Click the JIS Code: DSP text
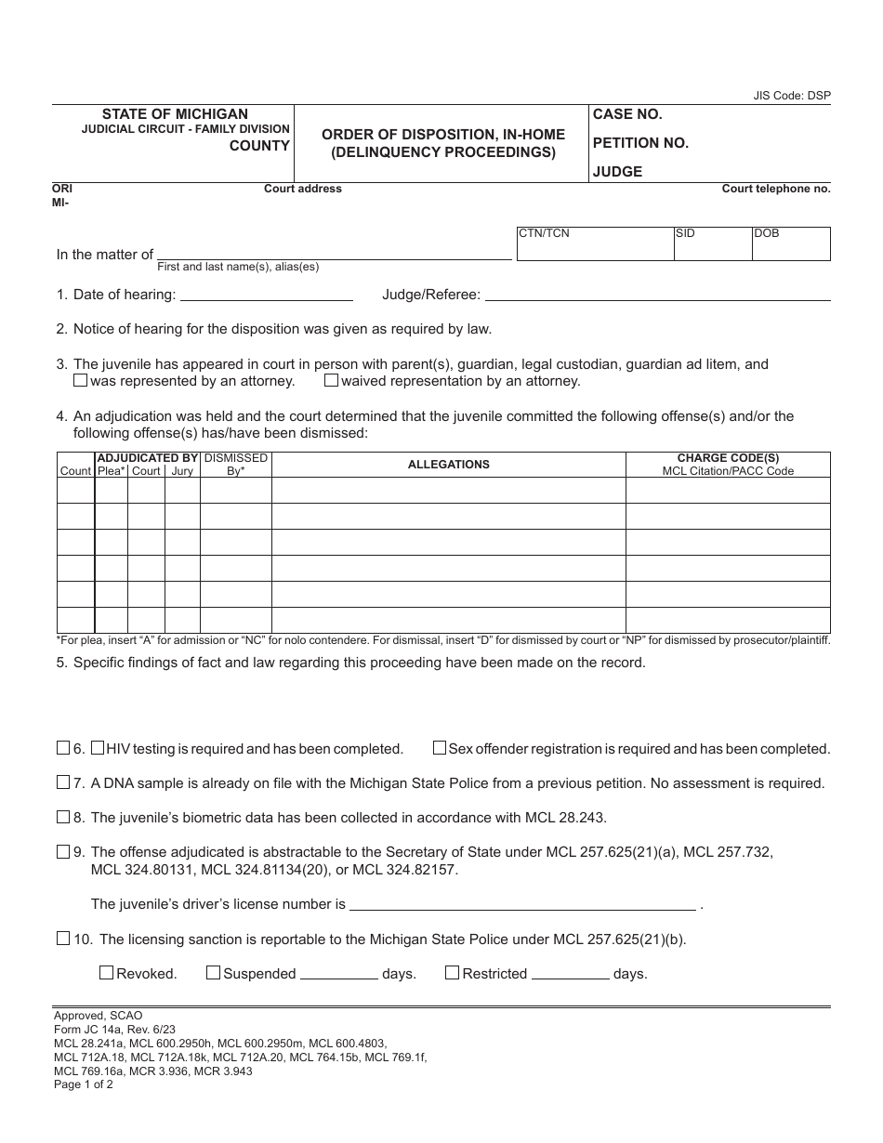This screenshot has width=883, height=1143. click(x=792, y=96)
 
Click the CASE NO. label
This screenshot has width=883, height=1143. click(x=627, y=114)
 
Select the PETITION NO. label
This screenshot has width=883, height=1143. click(x=640, y=143)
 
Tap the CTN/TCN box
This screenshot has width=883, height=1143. click(x=594, y=243)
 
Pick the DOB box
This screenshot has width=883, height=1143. click(x=790, y=243)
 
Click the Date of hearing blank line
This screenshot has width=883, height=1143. click(x=266, y=296)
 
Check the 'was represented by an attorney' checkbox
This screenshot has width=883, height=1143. click(x=81, y=380)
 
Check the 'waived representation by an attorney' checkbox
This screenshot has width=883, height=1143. click(x=331, y=380)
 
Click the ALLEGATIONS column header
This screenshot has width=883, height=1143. click(x=448, y=465)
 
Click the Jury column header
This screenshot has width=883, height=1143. click(x=182, y=471)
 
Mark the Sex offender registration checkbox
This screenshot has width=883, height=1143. click(x=440, y=748)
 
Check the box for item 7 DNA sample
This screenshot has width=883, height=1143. click(x=63, y=782)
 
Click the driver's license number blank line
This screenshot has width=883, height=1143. click(x=522, y=904)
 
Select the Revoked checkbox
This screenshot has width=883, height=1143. click(x=106, y=973)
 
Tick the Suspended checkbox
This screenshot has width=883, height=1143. click(x=213, y=973)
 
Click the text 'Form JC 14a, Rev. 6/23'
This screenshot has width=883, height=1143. click(x=115, y=1029)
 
